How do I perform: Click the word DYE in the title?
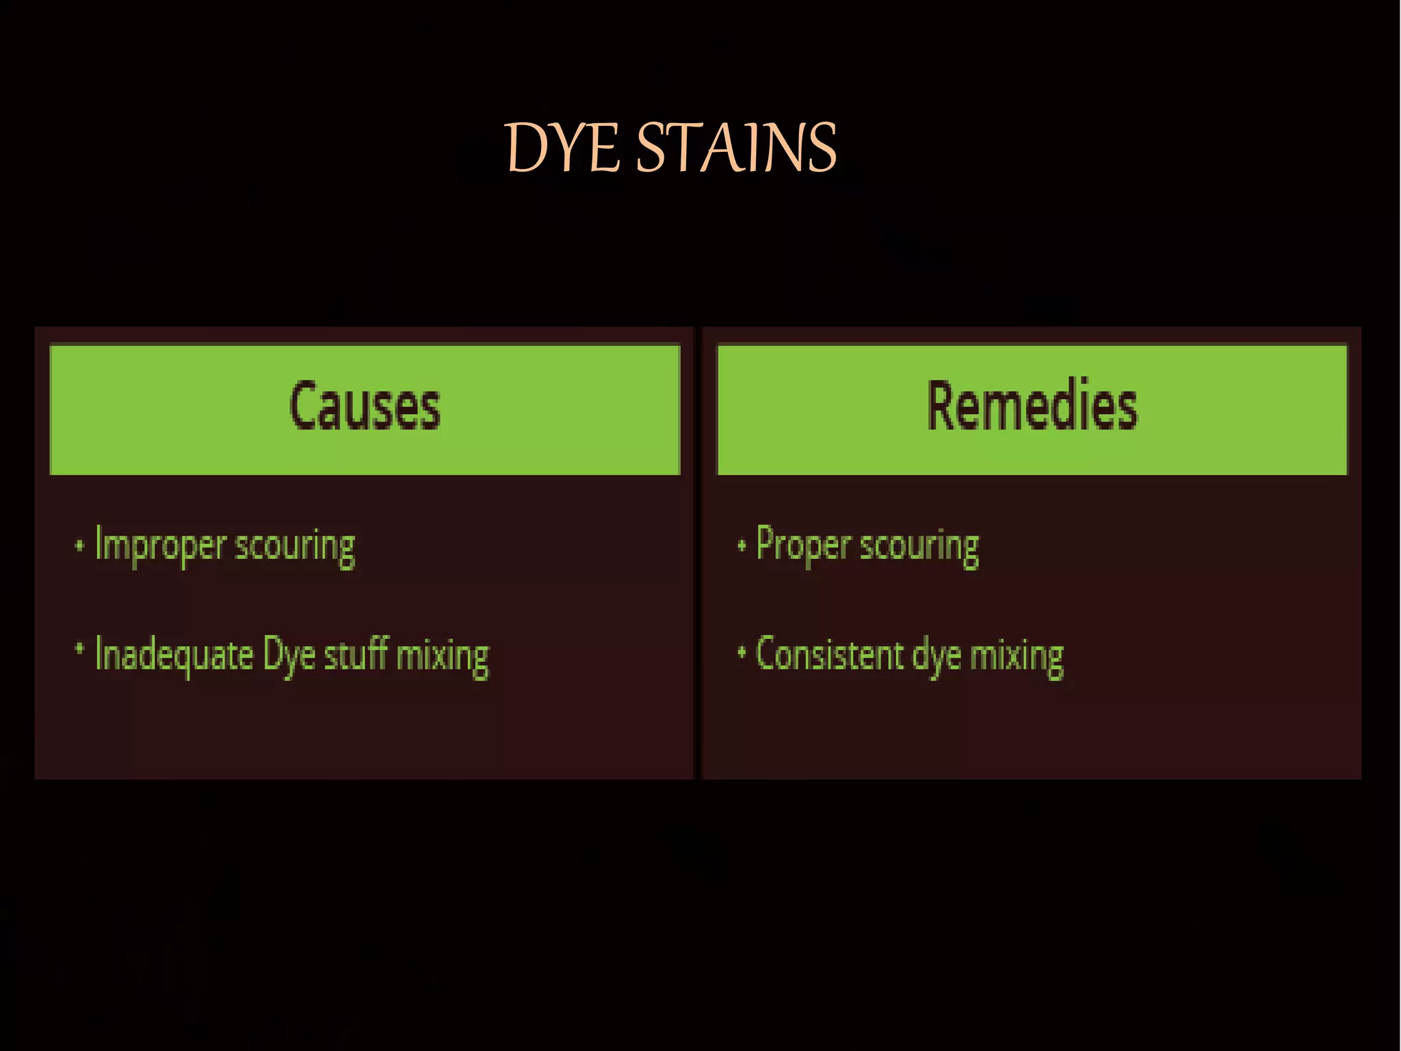pyautogui.click(x=562, y=148)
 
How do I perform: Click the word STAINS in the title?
pyautogui.click(x=736, y=148)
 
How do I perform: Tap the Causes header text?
pyautogui.click(x=365, y=407)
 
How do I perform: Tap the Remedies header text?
pyautogui.click(x=1032, y=407)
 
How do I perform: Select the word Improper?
pyautogui.click(x=160, y=546)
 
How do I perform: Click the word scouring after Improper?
pyautogui.click(x=295, y=547)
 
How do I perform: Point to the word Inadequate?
pyautogui.click(x=174, y=655)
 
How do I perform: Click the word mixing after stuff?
pyautogui.click(x=443, y=656)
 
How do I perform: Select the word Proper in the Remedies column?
pyautogui.click(x=803, y=546)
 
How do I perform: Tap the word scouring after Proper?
pyautogui.click(x=919, y=547)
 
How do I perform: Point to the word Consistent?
pyautogui.click(x=829, y=655)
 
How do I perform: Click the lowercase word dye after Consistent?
pyautogui.click(x=937, y=657)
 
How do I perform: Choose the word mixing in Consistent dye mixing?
pyautogui.click(x=1017, y=657)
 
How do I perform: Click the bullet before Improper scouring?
pyautogui.click(x=79, y=546)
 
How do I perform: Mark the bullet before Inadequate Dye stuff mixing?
pyautogui.click(x=79, y=648)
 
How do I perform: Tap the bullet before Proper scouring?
pyautogui.click(x=741, y=546)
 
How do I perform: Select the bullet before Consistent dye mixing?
pyautogui.click(x=741, y=653)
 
